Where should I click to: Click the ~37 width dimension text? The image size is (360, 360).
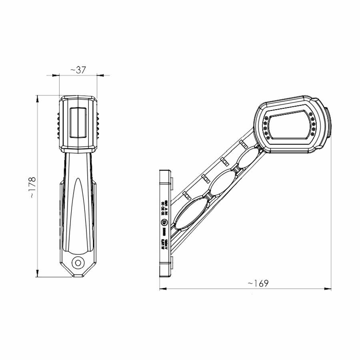(x=78, y=70)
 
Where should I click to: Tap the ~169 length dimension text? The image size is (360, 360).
(x=258, y=283)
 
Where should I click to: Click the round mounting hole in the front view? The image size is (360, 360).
(x=78, y=262)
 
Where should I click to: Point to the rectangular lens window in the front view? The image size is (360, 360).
(x=78, y=122)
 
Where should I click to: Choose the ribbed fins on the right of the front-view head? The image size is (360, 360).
(x=98, y=124)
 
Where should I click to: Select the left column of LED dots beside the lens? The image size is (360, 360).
(x=266, y=127)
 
